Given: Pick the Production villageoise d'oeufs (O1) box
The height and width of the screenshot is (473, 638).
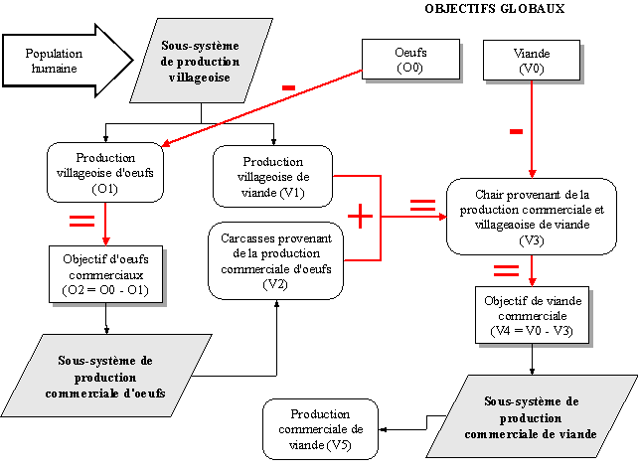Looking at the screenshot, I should coord(105,173).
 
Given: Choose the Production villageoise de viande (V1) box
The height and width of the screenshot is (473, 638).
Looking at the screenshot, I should coord(272,177).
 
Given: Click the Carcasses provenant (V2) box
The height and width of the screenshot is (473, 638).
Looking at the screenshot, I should coord(275,261).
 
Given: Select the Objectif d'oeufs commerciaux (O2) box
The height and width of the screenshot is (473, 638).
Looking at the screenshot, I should coord(105,274).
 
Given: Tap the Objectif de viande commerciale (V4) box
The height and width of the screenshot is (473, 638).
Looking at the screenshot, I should coord(534,315).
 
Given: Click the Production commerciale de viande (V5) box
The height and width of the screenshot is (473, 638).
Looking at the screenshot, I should coord(321,428).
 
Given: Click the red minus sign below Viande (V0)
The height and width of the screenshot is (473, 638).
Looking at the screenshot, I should coord(516,131).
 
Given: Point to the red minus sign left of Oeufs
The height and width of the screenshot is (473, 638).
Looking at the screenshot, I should coord(288,88).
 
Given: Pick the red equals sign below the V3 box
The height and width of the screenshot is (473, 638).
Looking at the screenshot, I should coord(506,269).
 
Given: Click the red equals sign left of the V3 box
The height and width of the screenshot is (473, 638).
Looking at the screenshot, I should coord(422,205).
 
